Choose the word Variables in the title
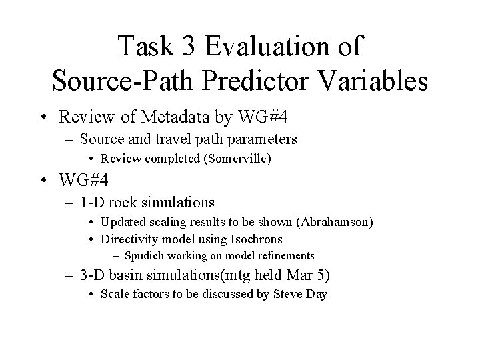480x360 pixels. tap(374, 82)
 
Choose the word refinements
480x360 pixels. tap(283, 255)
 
